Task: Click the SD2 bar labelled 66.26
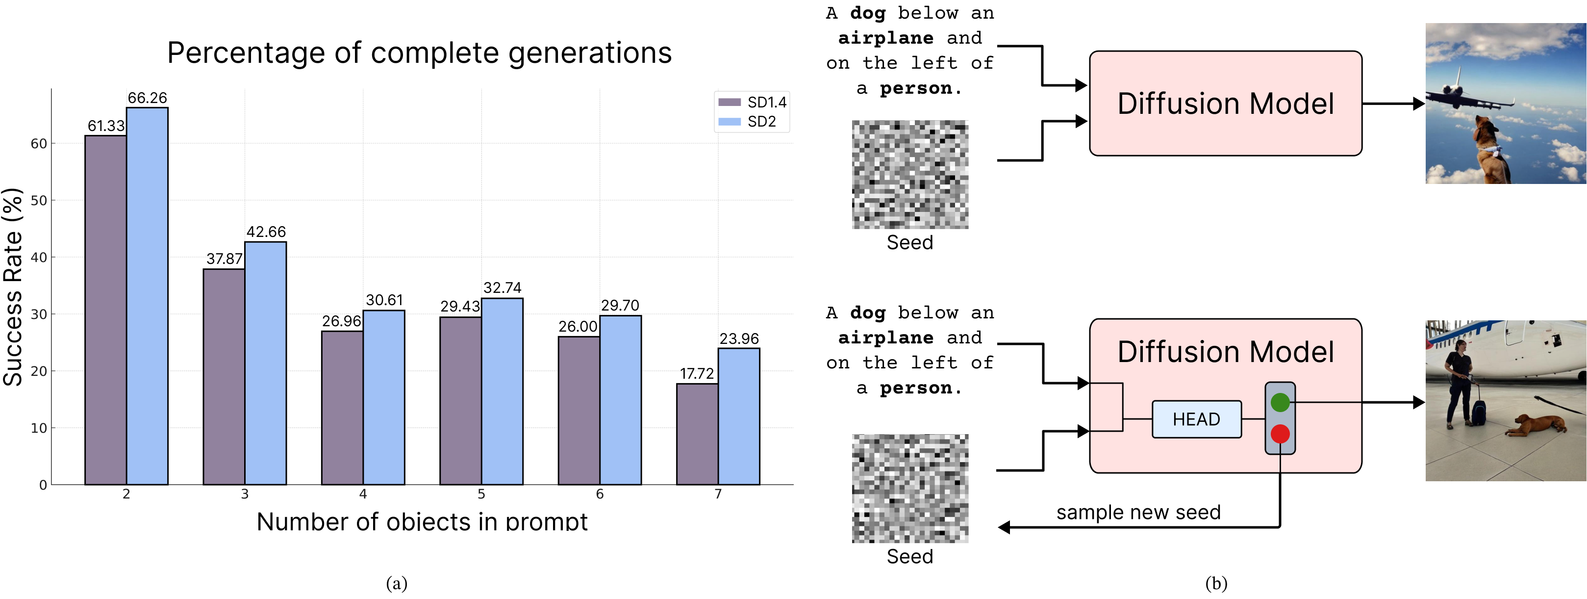(147, 296)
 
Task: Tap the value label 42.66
(266, 232)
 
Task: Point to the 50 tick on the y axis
(38, 200)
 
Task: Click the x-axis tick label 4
(363, 494)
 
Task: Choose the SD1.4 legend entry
(752, 103)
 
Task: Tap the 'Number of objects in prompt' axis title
(422, 521)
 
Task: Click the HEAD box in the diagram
(1196, 419)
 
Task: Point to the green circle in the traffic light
(1280, 402)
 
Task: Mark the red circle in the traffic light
(1280, 434)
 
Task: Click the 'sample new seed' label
(1138, 512)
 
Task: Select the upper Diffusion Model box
(1225, 103)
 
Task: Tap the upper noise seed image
(909, 174)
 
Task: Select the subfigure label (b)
(1215, 583)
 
